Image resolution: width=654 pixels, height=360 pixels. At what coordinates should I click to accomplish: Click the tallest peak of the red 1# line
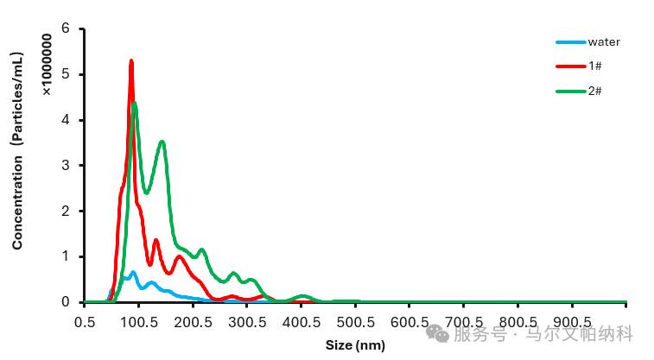pos(131,61)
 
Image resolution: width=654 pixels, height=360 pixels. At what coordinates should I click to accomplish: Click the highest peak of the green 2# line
pos(134,104)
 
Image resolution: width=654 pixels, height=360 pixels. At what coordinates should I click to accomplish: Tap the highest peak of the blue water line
pos(133,273)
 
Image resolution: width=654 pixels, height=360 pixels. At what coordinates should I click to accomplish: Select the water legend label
pos(604,42)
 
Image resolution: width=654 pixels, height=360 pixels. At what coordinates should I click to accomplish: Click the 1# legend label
pos(594,66)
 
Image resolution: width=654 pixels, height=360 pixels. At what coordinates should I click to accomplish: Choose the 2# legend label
pos(594,91)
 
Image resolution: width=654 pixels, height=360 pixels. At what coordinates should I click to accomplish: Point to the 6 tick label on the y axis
pos(66,28)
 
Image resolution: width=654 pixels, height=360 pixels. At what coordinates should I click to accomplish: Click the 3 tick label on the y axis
pos(66,166)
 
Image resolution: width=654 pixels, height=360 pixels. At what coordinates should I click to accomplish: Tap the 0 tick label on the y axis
pos(66,301)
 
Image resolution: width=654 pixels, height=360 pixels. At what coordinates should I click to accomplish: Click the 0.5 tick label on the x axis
pos(85,322)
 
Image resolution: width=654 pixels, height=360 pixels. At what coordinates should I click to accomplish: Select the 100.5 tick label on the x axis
pos(139,322)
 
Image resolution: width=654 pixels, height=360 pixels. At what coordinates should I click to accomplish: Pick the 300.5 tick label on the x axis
pos(247,322)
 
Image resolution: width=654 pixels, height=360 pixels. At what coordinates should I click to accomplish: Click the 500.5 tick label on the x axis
pos(355,322)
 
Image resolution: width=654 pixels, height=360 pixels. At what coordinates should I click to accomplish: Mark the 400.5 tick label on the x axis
pos(302,322)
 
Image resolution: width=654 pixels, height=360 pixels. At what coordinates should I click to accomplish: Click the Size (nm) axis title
pos(355,345)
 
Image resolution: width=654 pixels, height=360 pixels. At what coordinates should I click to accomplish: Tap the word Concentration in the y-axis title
pos(17,203)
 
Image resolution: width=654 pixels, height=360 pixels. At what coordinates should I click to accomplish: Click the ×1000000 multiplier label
pos(47,65)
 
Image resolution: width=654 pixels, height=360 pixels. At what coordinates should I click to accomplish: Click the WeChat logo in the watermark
pos(437,333)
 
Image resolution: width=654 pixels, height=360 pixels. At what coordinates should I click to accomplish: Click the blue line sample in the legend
pos(570,42)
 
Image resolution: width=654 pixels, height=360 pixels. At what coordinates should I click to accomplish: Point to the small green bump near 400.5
pos(302,297)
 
